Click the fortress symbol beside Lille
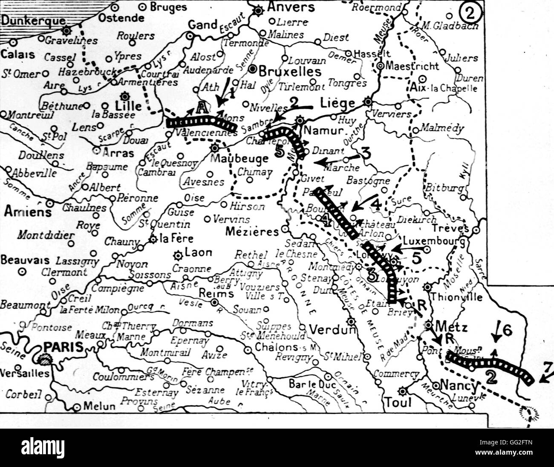coord(124,96)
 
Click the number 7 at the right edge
coord(548,367)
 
